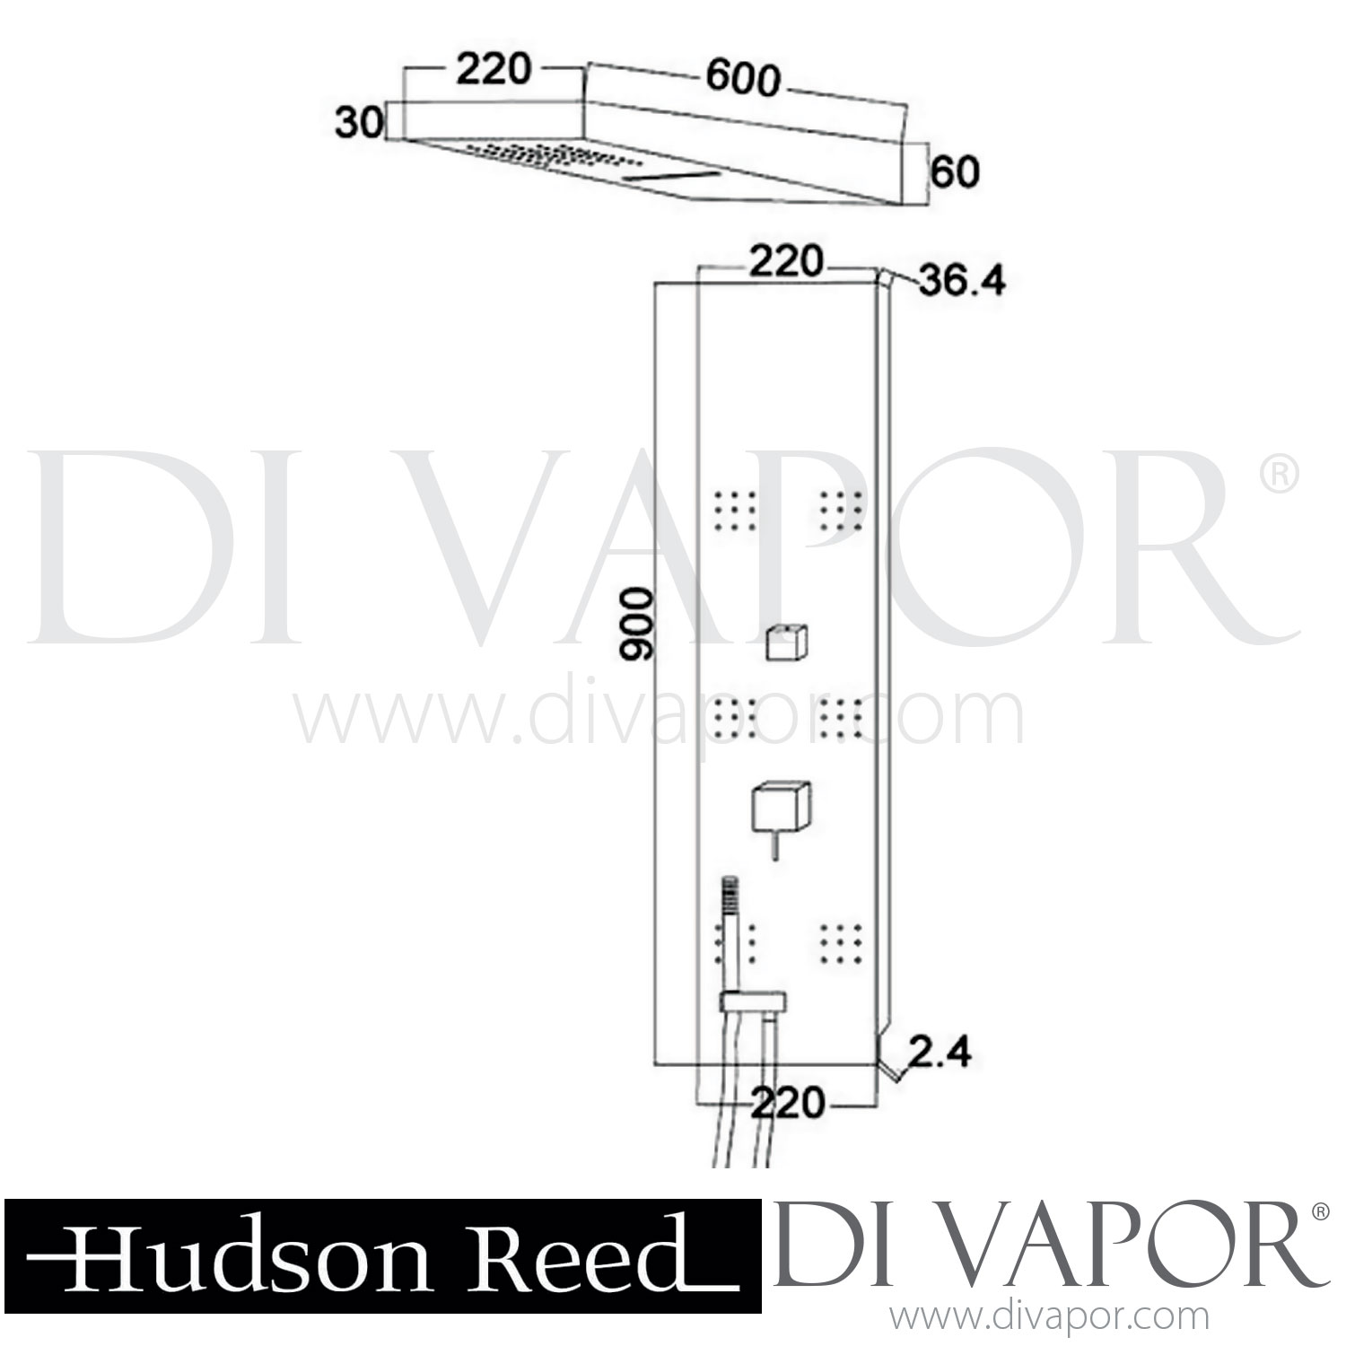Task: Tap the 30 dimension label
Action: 358,121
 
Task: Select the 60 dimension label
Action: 954,171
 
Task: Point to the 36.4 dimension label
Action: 963,283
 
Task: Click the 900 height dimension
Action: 640,625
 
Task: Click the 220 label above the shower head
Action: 494,70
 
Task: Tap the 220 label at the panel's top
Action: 786,262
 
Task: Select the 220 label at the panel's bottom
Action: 787,1103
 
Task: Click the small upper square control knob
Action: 788,643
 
